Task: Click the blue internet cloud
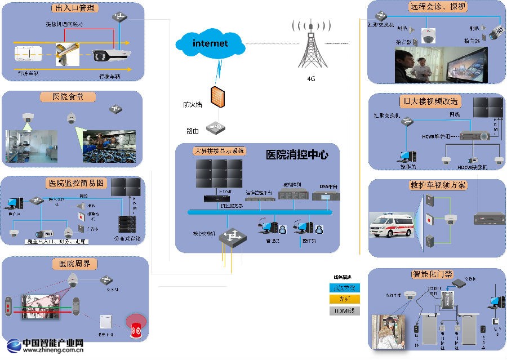coord(211,43)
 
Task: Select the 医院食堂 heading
coord(61,97)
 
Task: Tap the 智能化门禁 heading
coord(432,274)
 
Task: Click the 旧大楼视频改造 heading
coord(430,101)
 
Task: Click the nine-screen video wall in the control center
coord(219,174)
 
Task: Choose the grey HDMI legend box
coord(345,310)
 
